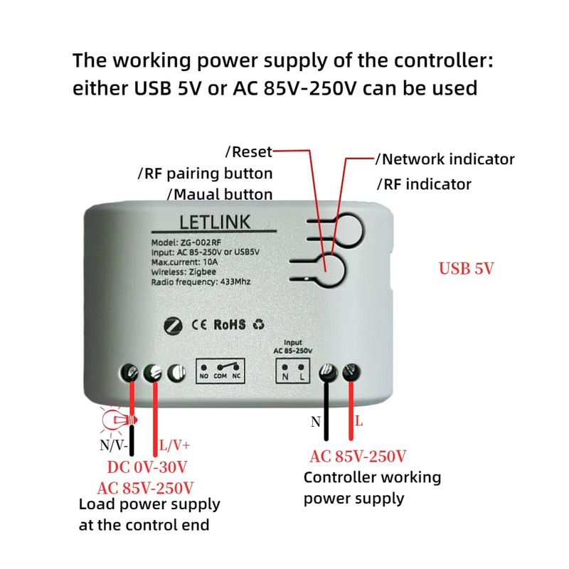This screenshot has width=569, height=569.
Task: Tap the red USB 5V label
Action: point(466,269)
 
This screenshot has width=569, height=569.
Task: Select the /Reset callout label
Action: point(248,151)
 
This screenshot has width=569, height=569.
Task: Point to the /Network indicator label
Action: point(445,159)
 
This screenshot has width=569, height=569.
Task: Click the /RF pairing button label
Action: point(205,174)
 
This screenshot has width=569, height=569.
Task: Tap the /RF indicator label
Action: point(424,184)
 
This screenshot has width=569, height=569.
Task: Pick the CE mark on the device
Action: point(199,324)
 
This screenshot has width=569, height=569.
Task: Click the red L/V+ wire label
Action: point(174,446)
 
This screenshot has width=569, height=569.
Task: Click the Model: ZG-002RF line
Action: point(186,242)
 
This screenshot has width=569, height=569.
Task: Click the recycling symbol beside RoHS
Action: point(258,324)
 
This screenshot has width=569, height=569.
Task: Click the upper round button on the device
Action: point(348,228)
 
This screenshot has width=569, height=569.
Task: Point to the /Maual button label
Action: point(219,194)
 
